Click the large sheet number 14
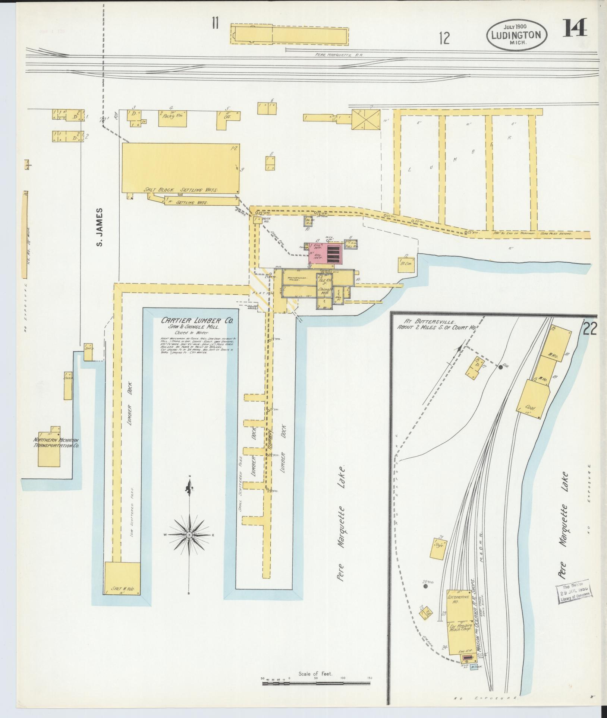click(x=575, y=28)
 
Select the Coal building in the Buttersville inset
click(x=534, y=399)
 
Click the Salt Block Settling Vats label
click(x=181, y=190)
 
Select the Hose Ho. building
click(x=257, y=220)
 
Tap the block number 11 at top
click(x=215, y=23)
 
